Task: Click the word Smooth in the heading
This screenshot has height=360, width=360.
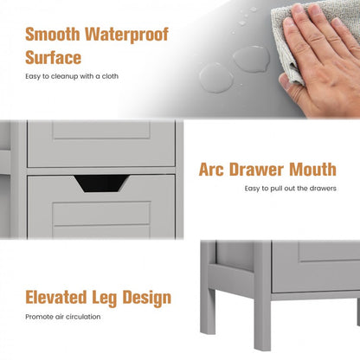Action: (x=53, y=35)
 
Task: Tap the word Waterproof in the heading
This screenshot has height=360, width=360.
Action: (x=126, y=35)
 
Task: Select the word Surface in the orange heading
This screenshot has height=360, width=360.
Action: (x=54, y=57)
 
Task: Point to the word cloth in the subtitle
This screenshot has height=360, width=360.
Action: (x=110, y=76)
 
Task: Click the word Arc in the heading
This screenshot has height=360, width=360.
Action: (x=211, y=170)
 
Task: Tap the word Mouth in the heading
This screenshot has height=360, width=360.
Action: (x=313, y=170)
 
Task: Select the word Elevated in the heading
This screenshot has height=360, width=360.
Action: (x=56, y=297)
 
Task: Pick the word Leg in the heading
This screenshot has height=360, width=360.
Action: (x=105, y=299)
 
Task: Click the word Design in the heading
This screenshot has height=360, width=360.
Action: (x=147, y=299)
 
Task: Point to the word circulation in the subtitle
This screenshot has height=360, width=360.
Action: (x=83, y=317)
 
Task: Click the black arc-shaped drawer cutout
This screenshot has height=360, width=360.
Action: (x=101, y=183)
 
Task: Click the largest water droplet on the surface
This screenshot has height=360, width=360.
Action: (x=252, y=59)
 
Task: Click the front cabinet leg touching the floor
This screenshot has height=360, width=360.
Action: (x=262, y=320)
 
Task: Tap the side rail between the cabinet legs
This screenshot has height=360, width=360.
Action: (x=231, y=279)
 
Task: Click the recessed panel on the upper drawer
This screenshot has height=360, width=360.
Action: (x=101, y=130)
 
